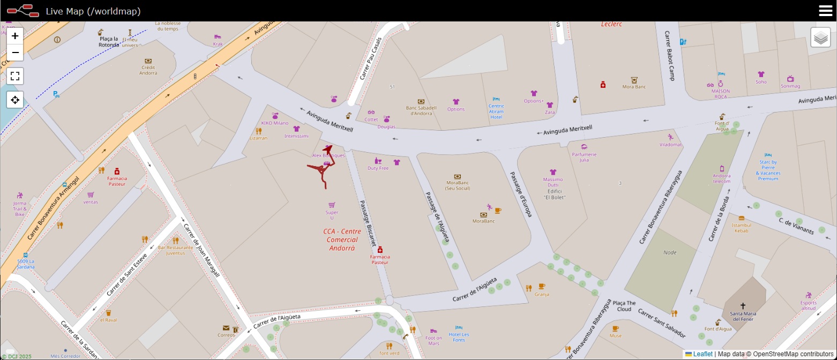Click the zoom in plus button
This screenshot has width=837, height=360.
pos(15,36)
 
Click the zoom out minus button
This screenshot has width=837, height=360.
pos(15,52)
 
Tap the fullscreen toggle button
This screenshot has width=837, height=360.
pos(15,76)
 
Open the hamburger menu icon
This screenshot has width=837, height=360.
pos(825,11)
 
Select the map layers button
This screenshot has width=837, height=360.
pos(820,37)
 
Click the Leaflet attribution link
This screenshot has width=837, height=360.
pos(703,354)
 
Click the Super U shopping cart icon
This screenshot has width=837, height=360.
pos(332,205)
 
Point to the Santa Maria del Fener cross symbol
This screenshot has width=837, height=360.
pos(743,306)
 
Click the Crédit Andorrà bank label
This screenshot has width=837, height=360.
pos(148,70)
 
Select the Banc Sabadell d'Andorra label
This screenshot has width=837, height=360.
pos(421,110)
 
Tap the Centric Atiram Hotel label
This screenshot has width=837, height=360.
pos(496,111)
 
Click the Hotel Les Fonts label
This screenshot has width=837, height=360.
pos(459,337)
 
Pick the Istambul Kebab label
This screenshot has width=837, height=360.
pos(742,228)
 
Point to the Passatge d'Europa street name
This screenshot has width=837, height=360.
pos(520,194)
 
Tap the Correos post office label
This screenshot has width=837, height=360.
pos(226,335)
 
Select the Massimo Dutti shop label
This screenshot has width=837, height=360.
pos(553,182)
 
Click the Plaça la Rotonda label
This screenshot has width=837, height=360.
pos(109,42)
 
